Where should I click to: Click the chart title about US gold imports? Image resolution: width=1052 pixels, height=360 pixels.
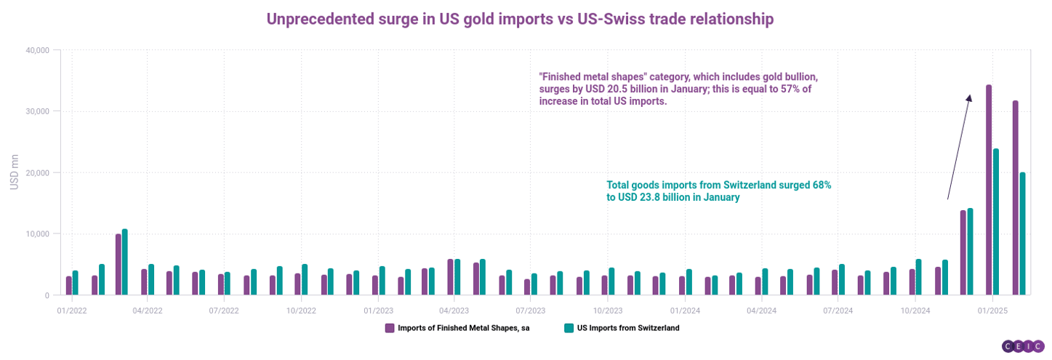(520, 19)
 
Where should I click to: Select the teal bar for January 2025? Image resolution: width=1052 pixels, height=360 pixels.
(996, 222)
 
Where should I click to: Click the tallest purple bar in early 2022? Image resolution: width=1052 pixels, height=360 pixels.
(119, 264)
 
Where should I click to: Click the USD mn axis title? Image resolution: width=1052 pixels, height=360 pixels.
(14, 172)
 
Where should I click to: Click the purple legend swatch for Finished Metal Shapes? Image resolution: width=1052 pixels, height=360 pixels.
(389, 328)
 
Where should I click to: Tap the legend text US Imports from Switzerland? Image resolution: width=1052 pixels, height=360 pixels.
(628, 328)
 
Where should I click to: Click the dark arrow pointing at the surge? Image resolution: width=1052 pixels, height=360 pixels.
(958, 146)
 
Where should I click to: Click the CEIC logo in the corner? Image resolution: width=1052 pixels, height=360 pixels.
(1023, 347)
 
